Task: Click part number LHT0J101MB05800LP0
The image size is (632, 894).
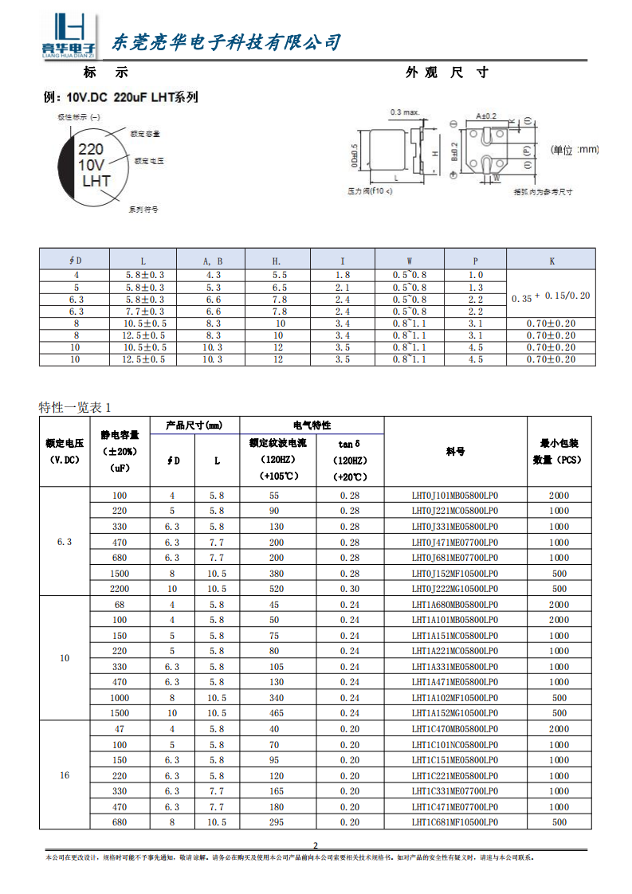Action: pyautogui.click(x=454, y=496)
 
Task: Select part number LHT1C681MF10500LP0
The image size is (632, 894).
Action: pyautogui.click(x=454, y=822)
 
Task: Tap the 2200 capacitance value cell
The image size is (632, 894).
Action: pyautogui.click(x=120, y=589)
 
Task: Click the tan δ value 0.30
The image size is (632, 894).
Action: pyautogui.click(x=350, y=589)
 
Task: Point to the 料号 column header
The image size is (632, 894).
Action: pyautogui.click(x=455, y=451)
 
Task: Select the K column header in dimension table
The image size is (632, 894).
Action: pyautogui.click(x=552, y=260)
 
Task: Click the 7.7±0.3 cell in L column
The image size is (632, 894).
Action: pyautogui.click(x=144, y=312)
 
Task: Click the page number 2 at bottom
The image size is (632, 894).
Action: pyautogui.click(x=316, y=845)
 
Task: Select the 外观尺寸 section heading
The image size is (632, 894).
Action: pyautogui.click(x=446, y=73)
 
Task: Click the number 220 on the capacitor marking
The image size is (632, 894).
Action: pyautogui.click(x=90, y=149)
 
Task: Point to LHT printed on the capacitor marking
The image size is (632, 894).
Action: pyautogui.click(x=96, y=182)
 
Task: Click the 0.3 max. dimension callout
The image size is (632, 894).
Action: pyautogui.click(x=405, y=112)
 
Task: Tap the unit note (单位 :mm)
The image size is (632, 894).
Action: pyautogui.click(x=574, y=149)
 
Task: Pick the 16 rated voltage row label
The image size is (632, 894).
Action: pyautogui.click(x=65, y=775)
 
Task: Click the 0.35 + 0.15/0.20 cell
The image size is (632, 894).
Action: pyautogui.click(x=552, y=296)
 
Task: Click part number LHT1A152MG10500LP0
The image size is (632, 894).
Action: pyautogui.click(x=454, y=713)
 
